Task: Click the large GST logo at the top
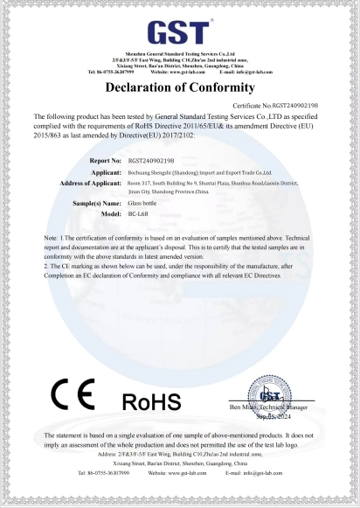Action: tap(179, 33)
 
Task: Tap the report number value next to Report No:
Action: tap(150, 162)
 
